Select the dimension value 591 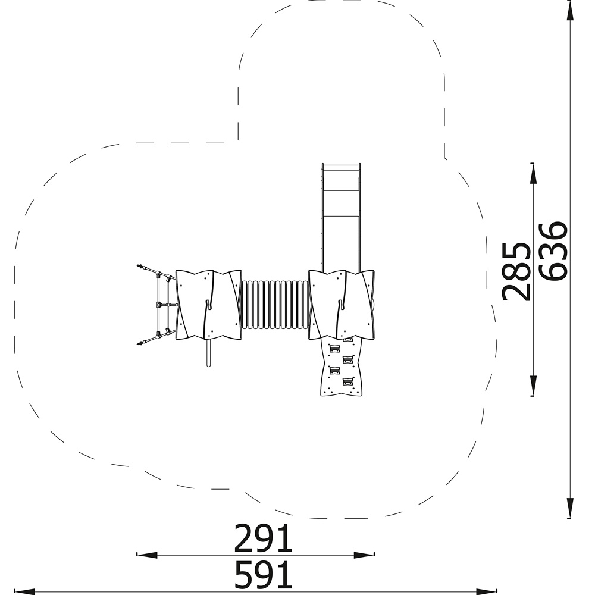tap(263, 574)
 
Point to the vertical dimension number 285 tap(516, 272)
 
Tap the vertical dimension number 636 tap(553, 251)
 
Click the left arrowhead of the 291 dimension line tap(146, 555)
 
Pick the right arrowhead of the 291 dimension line tap(364, 555)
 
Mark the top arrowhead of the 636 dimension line tap(570, 10)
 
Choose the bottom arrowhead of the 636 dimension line tap(570, 508)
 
